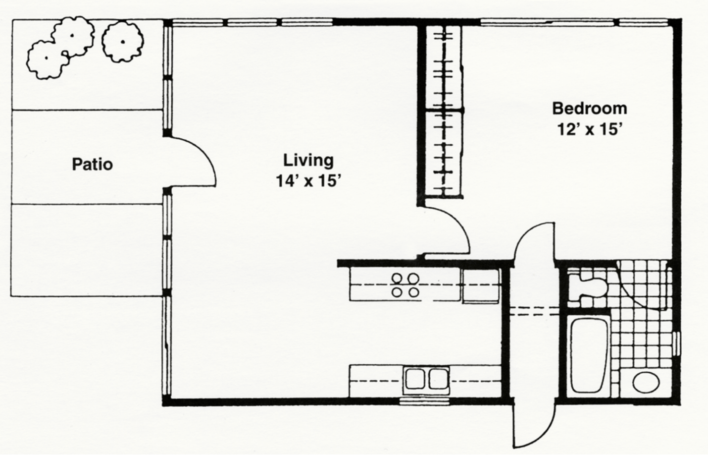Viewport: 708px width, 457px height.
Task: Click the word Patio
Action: click(92, 165)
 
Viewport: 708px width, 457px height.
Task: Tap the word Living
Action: click(308, 161)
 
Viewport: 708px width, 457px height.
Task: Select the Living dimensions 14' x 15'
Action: click(308, 181)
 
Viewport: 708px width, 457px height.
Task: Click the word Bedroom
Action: click(590, 109)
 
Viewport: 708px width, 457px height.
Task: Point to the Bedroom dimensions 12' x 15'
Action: click(589, 129)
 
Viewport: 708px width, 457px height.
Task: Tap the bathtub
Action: click(590, 356)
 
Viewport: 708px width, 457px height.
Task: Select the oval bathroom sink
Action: click(646, 382)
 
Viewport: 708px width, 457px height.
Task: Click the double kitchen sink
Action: click(426, 380)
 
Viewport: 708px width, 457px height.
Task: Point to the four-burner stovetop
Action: click(405, 285)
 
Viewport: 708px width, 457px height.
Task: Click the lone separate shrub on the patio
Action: click(123, 42)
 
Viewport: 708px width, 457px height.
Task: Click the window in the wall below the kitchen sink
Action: click(424, 401)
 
